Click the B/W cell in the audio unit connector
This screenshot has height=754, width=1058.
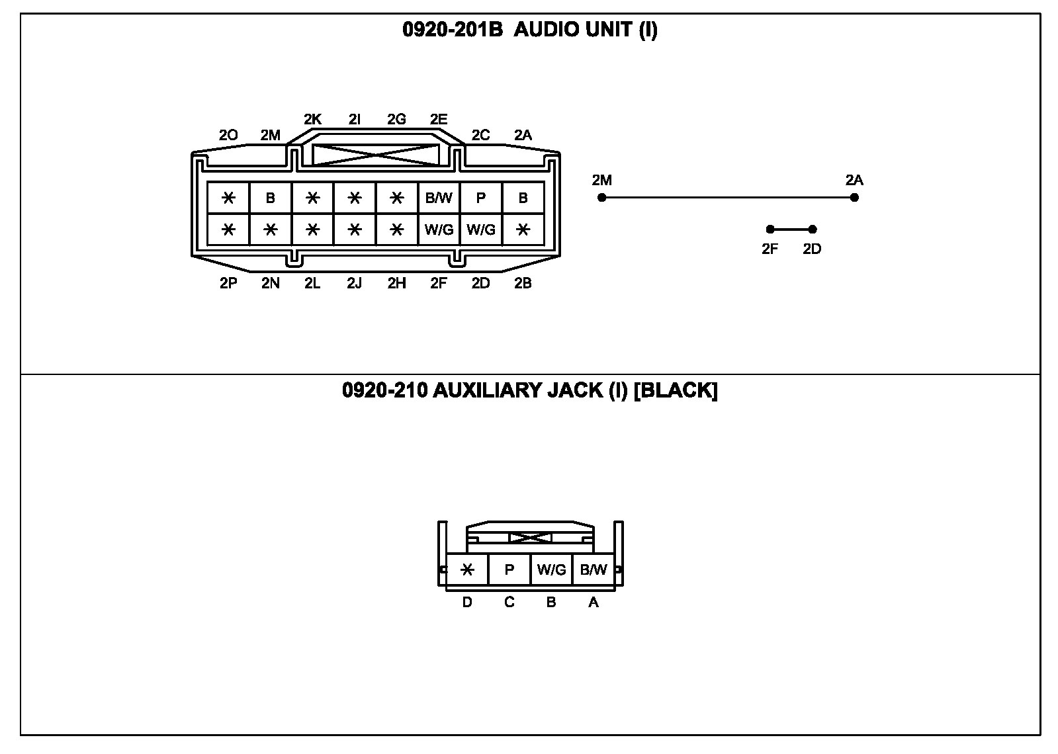click(x=439, y=198)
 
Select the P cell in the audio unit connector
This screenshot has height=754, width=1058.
click(x=481, y=198)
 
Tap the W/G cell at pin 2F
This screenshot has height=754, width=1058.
click(x=439, y=230)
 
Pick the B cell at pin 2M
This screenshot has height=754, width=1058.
click(x=270, y=198)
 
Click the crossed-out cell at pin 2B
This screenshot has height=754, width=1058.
click(x=523, y=230)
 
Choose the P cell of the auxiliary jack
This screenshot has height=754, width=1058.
click(x=509, y=569)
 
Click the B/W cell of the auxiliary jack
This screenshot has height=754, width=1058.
click(x=593, y=569)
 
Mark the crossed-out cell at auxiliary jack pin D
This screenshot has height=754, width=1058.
click(x=467, y=569)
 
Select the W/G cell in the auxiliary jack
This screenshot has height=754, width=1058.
click(x=551, y=569)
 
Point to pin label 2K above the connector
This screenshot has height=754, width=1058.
click(x=312, y=120)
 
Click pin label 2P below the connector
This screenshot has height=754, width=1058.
click(x=228, y=284)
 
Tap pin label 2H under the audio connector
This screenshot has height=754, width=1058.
click(x=396, y=284)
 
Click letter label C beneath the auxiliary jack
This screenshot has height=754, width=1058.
click(x=509, y=603)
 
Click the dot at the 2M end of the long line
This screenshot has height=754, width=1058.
click(x=601, y=197)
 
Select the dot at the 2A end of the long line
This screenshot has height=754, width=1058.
click(x=854, y=197)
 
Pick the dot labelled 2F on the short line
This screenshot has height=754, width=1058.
click(x=770, y=230)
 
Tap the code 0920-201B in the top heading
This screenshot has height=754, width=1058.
click(x=453, y=30)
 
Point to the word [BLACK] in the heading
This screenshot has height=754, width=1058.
click(x=676, y=390)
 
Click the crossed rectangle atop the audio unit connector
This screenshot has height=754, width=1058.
click(x=375, y=155)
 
